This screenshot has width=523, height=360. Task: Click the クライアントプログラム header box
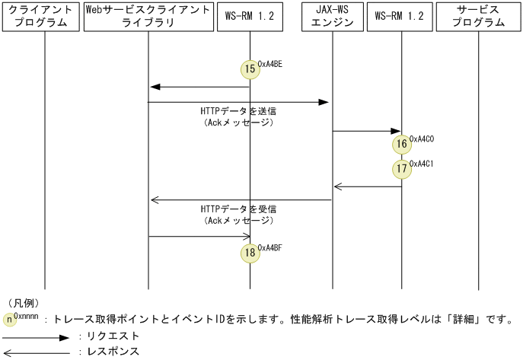[x=41, y=16]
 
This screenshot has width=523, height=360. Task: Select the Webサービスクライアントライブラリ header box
[x=148, y=16]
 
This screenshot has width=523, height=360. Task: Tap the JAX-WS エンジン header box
[x=333, y=16]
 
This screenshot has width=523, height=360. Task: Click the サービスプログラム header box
[x=478, y=16]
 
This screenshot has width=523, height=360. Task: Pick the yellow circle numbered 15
[x=250, y=69]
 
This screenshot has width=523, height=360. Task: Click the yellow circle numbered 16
[x=401, y=144]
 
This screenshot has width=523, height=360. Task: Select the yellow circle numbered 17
[x=401, y=168]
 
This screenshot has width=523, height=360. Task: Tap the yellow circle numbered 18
[x=250, y=252]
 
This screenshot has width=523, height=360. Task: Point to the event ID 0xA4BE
[x=270, y=64]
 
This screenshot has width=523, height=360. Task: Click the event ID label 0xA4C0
[x=422, y=139]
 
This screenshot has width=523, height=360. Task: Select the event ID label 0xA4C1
[x=422, y=164]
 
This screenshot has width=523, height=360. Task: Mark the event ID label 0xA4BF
[x=270, y=247]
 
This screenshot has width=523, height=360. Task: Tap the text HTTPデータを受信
[x=238, y=209]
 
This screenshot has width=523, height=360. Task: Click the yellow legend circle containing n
[x=8, y=319]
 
